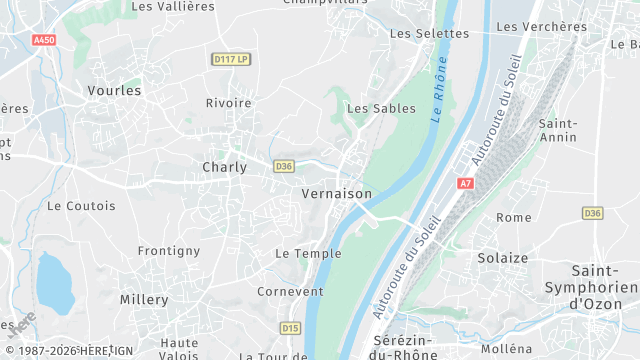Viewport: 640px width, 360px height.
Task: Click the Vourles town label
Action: pos(114,90)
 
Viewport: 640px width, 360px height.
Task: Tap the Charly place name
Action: pos(224,167)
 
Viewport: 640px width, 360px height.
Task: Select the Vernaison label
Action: pos(336,193)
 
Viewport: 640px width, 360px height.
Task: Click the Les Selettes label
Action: pos(428,33)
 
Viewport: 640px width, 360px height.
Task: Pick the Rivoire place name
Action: pos(228,103)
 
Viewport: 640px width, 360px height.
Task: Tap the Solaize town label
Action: pos(502,257)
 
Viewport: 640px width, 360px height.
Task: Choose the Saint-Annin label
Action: pos(557,130)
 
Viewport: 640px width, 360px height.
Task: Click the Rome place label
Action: pos(514,217)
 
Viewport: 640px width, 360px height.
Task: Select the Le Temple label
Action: pos(308,254)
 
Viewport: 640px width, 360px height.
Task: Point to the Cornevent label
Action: pos(290,291)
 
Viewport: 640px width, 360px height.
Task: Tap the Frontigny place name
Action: pos(169,251)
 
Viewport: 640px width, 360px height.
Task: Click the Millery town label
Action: pos(144,299)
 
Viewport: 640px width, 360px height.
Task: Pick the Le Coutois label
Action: pos(81,206)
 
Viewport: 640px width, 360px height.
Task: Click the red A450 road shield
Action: pos(44,40)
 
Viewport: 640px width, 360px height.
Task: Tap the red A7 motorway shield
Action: pos(465,183)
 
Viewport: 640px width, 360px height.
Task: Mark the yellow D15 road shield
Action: pos(290,327)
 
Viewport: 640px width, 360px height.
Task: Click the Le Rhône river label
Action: pos(437,88)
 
